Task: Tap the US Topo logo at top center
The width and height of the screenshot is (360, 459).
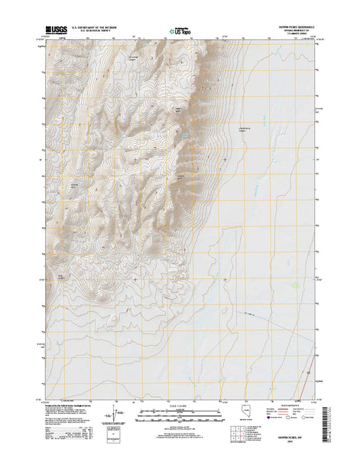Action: click(x=180, y=31)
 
